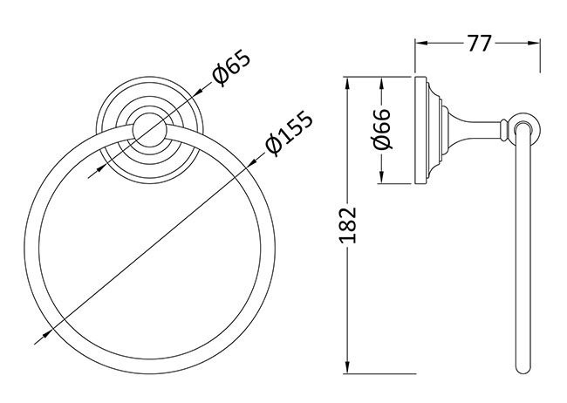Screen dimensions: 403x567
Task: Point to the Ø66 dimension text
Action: [367, 132]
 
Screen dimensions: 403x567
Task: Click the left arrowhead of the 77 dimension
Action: [418, 40]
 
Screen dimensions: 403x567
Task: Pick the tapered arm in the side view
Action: [471, 132]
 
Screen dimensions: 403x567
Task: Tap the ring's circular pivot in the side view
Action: [524, 132]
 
